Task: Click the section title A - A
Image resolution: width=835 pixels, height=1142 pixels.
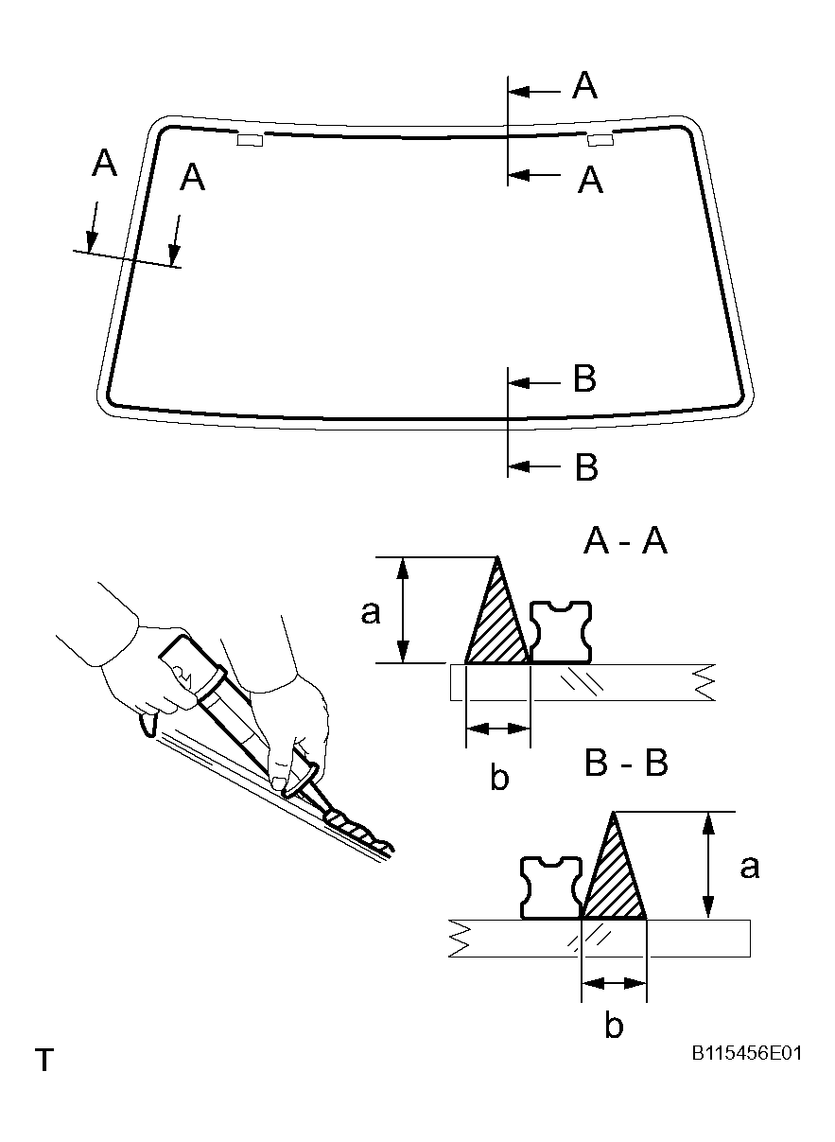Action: [626, 542]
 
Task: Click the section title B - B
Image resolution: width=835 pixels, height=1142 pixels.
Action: [626, 763]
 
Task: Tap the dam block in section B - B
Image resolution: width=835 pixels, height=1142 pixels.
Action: [551, 887]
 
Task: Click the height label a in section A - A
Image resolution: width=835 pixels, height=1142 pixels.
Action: [371, 613]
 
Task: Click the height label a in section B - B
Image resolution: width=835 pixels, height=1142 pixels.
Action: [749, 866]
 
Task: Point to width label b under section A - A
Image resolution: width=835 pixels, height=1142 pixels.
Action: [499, 778]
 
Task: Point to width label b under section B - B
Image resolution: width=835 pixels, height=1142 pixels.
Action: [614, 1027]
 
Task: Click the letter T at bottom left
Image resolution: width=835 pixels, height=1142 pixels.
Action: [43, 1060]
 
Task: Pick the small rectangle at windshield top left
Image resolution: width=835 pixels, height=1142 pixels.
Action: [249, 140]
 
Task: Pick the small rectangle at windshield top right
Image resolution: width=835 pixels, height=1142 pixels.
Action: [600, 141]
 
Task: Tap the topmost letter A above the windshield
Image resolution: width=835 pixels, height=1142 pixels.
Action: [585, 87]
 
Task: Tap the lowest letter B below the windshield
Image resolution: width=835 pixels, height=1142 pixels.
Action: [586, 467]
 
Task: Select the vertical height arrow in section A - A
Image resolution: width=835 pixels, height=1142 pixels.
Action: [404, 610]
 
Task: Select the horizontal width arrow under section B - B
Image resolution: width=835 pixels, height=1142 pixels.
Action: [614, 984]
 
